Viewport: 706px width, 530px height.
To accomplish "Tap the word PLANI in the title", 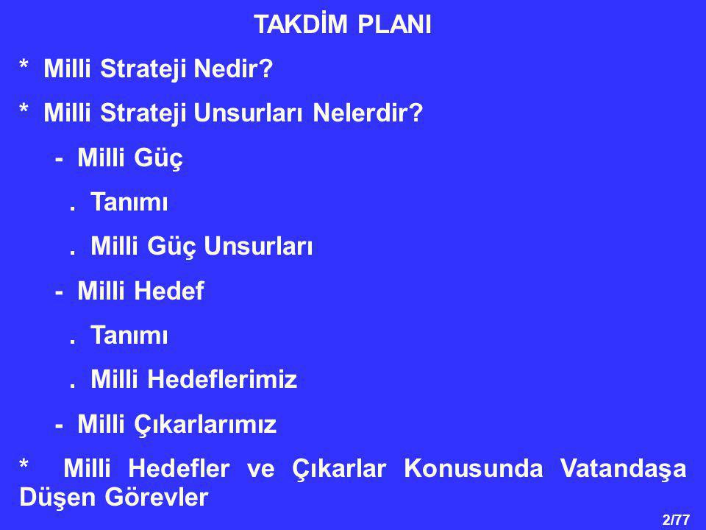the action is pyautogui.click(x=394, y=24).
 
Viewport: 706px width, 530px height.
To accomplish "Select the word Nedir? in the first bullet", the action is pyautogui.click(x=233, y=68).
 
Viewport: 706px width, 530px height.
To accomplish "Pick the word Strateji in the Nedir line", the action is pyautogui.click(x=143, y=69).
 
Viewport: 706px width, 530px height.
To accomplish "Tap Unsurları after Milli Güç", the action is pyautogui.click(x=258, y=246).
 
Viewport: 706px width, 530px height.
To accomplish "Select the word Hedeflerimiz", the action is pyautogui.click(x=222, y=378).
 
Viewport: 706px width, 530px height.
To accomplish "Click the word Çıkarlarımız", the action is pyautogui.click(x=205, y=425).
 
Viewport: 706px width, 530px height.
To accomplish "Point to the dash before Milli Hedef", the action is pyautogui.click(x=59, y=292).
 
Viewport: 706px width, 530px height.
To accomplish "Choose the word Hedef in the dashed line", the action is pyautogui.click(x=176, y=290).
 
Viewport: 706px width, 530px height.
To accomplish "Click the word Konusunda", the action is pyautogui.click(x=473, y=468).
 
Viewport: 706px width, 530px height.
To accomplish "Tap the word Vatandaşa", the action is pyautogui.click(x=624, y=469).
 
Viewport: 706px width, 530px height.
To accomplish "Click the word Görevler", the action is pyautogui.click(x=157, y=498).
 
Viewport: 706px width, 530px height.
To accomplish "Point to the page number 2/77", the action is pyautogui.click(x=677, y=520).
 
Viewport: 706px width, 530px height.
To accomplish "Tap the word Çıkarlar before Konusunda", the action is pyautogui.click(x=339, y=469).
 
